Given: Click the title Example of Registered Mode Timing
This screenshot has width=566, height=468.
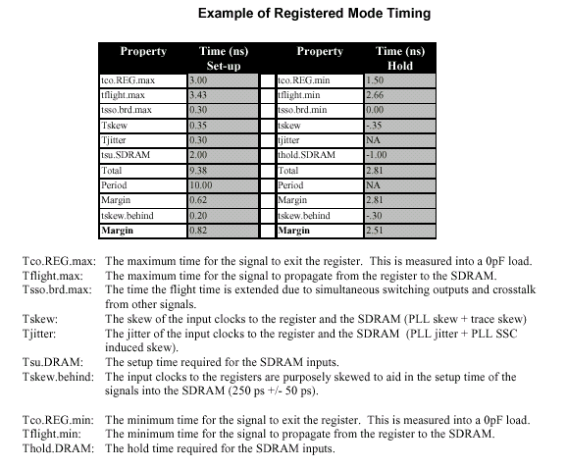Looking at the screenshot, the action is point(315,14).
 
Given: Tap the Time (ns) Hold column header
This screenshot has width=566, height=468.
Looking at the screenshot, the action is point(400,58).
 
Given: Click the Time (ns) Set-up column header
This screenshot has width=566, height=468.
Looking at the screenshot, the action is point(224,58).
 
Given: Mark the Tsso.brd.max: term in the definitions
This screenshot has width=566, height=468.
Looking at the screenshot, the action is point(57,289).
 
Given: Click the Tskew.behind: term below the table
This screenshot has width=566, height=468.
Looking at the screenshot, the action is point(58,377).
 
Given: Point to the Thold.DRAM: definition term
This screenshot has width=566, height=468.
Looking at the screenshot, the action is point(58,448).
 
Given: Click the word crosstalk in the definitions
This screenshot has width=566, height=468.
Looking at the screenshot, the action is point(514,289).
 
